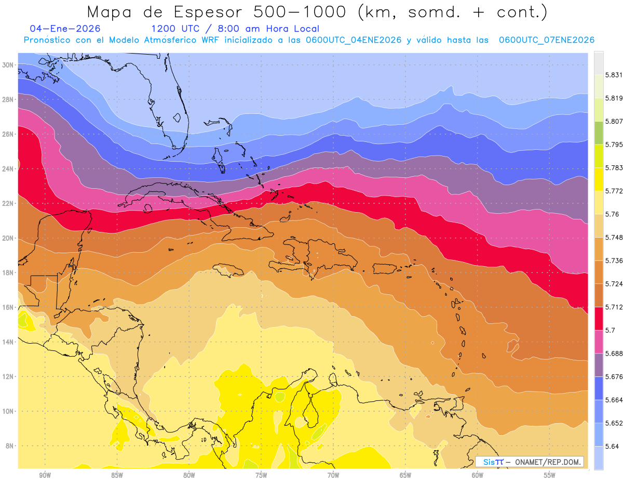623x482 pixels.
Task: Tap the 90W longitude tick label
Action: [x=45, y=475]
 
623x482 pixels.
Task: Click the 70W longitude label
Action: [x=333, y=475]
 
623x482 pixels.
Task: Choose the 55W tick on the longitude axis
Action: [x=549, y=475]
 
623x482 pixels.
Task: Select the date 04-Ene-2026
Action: [x=65, y=29]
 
